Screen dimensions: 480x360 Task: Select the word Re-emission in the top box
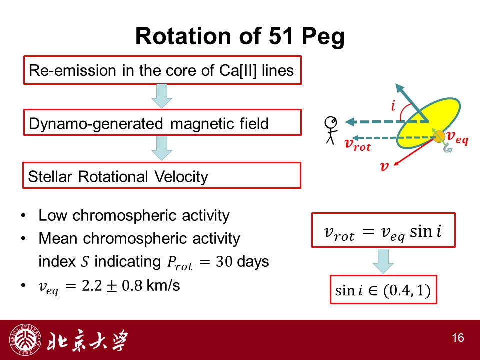tap(72, 70)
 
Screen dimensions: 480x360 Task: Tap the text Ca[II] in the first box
tap(238, 71)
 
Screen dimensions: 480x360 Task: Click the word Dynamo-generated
tap(96, 124)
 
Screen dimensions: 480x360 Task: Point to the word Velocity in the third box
tap(181, 177)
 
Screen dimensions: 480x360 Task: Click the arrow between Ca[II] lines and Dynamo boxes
tap(162, 96)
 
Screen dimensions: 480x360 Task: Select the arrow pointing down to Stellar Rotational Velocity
tap(162, 148)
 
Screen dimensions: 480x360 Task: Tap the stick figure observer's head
tap(331, 123)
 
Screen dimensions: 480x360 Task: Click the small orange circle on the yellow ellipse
tap(439, 136)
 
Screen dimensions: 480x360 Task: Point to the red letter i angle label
tap(393, 105)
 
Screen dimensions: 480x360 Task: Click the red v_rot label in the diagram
tap(358, 144)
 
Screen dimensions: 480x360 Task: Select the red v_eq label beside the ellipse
tap(457, 137)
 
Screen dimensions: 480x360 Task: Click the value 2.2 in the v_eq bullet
tap(92, 286)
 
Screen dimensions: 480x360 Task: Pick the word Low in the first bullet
tap(52, 215)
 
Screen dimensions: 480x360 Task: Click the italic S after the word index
tap(85, 262)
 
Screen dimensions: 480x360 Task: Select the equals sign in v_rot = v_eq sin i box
tap(368, 231)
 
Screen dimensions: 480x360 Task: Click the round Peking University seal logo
tap(25, 340)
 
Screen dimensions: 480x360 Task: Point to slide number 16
tap(458, 338)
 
